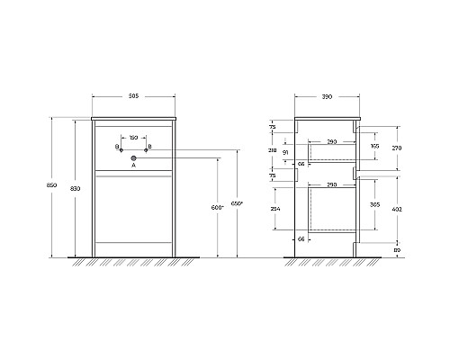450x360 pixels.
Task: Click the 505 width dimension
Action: [x=133, y=95]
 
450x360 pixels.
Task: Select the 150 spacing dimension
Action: [x=133, y=137]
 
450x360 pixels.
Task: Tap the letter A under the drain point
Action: [x=133, y=166]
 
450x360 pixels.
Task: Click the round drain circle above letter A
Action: [x=133, y=157]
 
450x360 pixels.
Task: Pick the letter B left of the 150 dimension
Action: [x=117, y=146]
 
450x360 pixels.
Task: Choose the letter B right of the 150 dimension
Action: [x=149, y=146]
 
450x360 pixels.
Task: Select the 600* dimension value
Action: [x=216, y=208]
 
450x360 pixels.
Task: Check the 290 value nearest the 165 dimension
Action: [x=332, y=142]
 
